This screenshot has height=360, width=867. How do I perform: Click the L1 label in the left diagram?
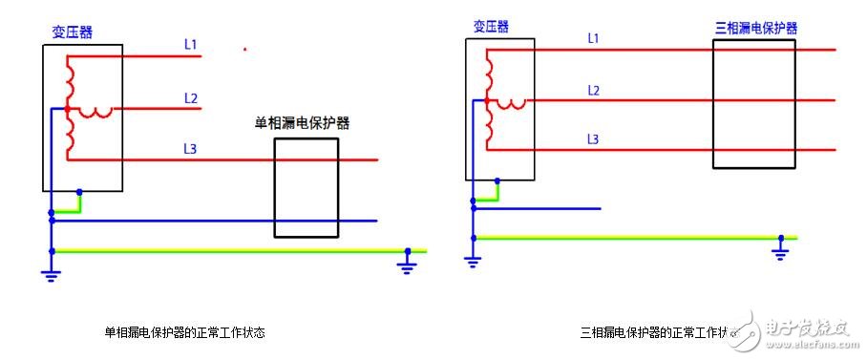pos(190,44)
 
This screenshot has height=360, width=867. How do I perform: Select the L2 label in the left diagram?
pos(190,97)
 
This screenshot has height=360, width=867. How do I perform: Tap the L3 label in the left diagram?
pos(190,148)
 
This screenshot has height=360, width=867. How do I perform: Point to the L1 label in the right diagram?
pos(593,38)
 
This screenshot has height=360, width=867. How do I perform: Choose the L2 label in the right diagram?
pos(593,91)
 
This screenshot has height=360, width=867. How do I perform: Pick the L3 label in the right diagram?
pos(593,139)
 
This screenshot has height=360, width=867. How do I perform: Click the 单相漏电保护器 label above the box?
pos(301,123)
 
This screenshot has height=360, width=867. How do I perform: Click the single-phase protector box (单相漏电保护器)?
pos(307,187)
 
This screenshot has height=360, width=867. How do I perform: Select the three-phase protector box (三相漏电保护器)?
pos(753,104)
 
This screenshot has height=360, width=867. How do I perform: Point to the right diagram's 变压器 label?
pos(492,26)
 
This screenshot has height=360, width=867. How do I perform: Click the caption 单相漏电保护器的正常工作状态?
pos(184,333)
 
